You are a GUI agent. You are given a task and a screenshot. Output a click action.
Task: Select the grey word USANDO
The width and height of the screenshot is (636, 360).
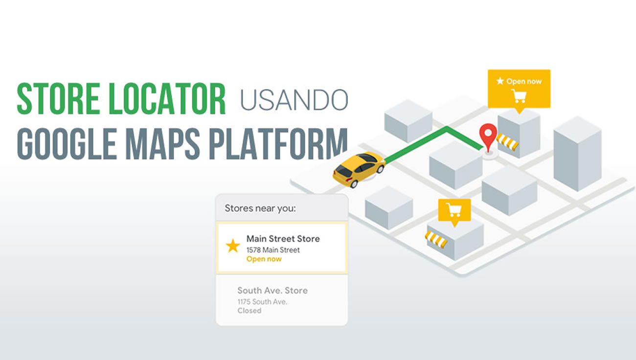(294, 100)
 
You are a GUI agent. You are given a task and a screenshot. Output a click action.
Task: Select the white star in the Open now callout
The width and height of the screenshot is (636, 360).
(500, 81)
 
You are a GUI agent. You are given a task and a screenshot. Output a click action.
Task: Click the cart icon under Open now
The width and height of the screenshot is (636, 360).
(519, 96)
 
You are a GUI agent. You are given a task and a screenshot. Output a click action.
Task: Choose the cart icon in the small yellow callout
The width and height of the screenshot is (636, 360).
(454, 210)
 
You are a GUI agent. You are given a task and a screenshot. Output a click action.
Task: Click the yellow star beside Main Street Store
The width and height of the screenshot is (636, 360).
(233, 246)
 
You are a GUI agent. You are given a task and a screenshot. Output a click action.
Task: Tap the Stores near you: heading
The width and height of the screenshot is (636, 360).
(260, 208)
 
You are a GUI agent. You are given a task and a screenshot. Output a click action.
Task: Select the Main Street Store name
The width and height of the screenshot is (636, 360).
(283, 239)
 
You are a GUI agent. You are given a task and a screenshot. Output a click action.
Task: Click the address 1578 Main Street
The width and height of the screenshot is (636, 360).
(273, 250)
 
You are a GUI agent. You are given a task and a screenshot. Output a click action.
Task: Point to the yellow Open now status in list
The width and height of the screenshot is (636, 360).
(264, 259)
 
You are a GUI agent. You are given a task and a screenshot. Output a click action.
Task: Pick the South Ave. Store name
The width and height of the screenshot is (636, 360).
(273, 291)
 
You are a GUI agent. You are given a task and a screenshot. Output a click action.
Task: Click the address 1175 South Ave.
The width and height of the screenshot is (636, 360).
(262, 302)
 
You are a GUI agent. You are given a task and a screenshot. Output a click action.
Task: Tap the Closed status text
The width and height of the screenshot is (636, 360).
(250, 311)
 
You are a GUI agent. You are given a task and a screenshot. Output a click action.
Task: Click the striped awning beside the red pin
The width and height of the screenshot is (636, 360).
(507, 142)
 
